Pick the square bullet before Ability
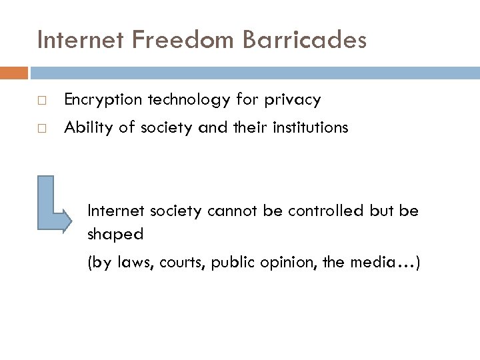tap(42, 129)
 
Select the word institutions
tap(310, 127)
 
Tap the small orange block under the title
tap(14, 72)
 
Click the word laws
tap(135, 263)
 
